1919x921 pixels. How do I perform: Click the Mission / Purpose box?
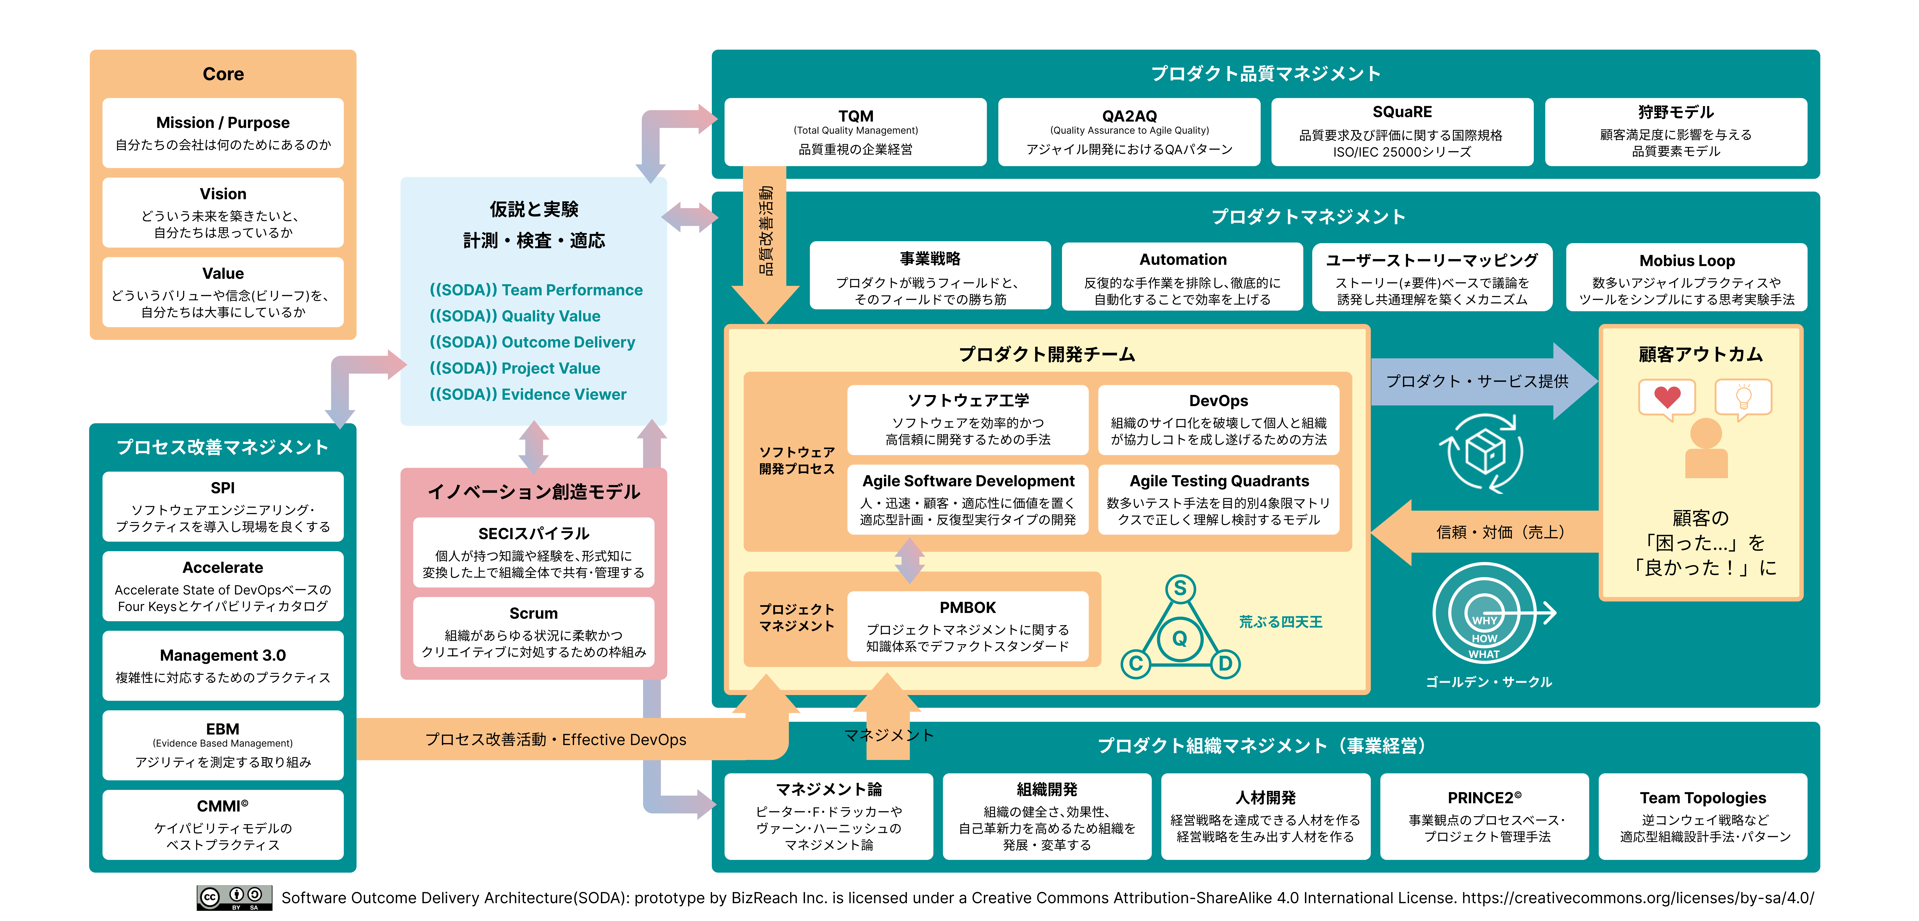(223, 133)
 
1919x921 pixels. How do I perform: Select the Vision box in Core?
(223, 212)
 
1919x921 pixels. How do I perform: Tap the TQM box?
(855, 132)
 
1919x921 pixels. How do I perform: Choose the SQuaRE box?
(1402, 132)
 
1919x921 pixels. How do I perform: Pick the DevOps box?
(1219, 419)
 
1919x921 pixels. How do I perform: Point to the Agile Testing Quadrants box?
(1219, 500)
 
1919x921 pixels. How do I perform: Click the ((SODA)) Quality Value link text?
(515, 316)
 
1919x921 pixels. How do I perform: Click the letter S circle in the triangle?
(1180, 588)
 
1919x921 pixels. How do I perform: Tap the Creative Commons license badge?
(234, 898)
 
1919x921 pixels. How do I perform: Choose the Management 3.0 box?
(223, 666)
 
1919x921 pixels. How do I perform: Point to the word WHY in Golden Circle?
(1484, 620)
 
